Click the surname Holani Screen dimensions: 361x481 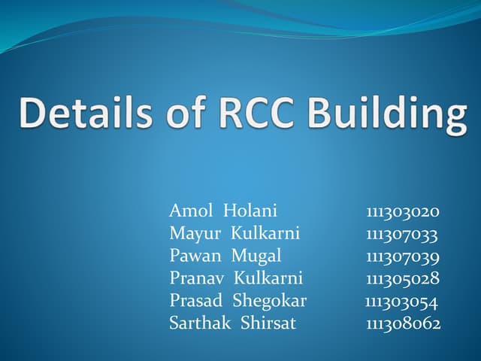251,211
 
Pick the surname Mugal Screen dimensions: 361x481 256,256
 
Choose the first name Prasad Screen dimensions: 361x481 195,301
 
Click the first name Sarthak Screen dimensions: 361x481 200,323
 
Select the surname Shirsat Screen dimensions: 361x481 268,323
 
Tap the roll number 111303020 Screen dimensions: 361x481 403,211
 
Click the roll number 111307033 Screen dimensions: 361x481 402,233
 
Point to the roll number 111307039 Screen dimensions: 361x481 403,256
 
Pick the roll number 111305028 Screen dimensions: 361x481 403,278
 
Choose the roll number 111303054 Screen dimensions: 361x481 401,301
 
